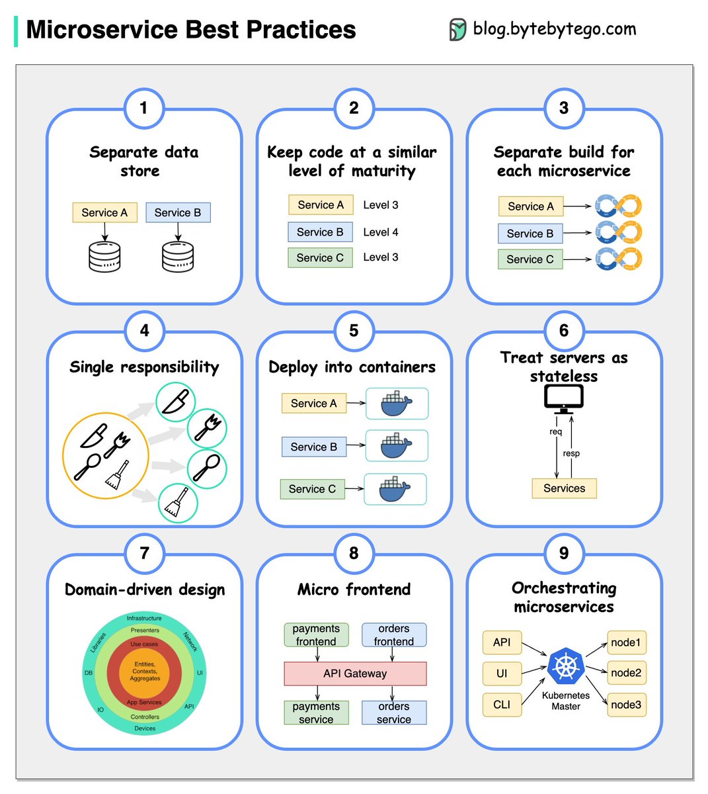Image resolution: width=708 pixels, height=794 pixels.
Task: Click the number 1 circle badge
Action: (x=143, y=108)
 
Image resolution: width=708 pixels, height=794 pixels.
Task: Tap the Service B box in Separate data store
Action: (x=178, y=212)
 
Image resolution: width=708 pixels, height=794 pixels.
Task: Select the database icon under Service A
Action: (x=104, y=257)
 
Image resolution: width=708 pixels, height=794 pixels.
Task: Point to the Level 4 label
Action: (x=381, y=232)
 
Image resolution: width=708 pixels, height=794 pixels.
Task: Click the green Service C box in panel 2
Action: (x=320, y=257)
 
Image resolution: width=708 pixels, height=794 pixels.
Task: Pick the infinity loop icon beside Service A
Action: (x=618, y=206)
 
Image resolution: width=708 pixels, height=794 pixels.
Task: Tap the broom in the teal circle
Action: (x=177, y=503)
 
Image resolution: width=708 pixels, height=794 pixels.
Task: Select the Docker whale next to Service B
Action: (x=397, y=446)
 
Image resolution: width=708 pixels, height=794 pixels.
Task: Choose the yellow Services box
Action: (x=564, y=488)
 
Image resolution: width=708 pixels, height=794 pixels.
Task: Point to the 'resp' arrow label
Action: (x=571, y=453)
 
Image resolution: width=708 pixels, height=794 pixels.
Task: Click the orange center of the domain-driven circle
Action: (x=145, y=672)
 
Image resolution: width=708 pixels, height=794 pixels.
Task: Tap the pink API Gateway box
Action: (x=355, y=674)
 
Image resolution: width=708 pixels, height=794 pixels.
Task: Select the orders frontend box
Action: (x=394, y=635)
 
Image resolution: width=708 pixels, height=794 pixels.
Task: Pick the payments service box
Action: (x=316, y=713)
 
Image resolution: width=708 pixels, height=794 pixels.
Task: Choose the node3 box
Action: (x=626, y=705)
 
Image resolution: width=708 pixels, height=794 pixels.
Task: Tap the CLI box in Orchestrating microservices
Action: (x=502, y=705)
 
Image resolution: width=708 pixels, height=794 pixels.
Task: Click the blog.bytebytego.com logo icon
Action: (x=457, y=30)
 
